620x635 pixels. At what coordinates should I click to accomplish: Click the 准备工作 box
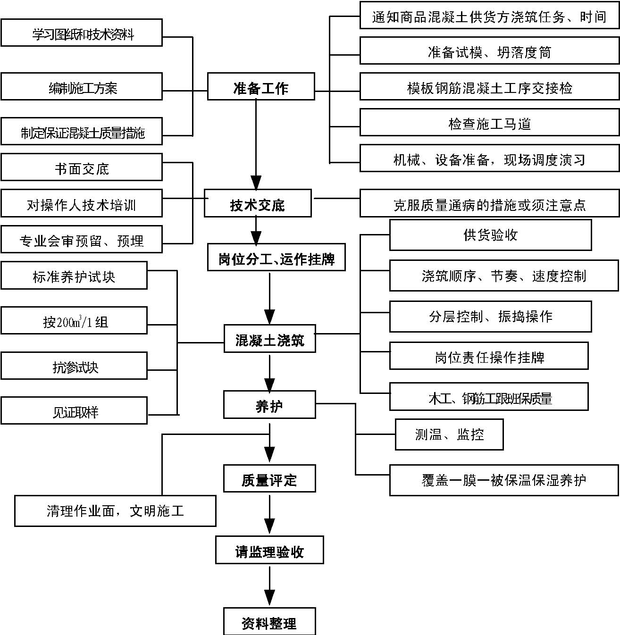(261, 86)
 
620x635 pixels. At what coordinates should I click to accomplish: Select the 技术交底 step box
(258, 203)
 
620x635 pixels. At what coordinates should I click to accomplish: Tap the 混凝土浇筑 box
(269, 339)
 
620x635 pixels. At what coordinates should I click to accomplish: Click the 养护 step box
(269, 405)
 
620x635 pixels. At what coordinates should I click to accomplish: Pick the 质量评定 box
(269, 479)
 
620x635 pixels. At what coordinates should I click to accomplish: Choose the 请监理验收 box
(269, 550)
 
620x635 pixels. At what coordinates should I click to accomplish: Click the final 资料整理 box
(269, 622)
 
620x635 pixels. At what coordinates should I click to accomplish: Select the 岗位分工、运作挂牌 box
(276, 258)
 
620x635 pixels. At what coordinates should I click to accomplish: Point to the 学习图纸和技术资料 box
(82, 33)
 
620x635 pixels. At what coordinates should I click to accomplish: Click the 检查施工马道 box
(489, 123)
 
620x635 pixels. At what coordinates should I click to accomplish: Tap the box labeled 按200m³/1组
(74, 321)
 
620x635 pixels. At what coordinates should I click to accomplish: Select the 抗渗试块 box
(74, 366)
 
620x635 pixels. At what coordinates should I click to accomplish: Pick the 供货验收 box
(490, 235)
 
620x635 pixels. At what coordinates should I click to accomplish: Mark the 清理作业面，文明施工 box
(115, 511)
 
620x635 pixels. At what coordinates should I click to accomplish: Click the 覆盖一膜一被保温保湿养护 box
(503, 480)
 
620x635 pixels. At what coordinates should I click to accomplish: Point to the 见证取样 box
(74, 411)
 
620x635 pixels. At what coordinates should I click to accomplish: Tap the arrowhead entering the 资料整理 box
(269, 598)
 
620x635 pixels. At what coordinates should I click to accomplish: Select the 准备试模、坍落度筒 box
(489, 51)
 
